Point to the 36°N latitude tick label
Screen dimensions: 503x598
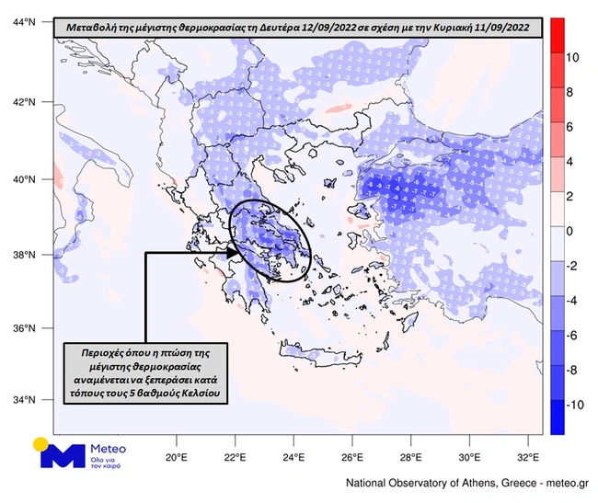tap(26, 328)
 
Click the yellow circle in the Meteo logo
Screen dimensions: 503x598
tap(40, 443)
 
